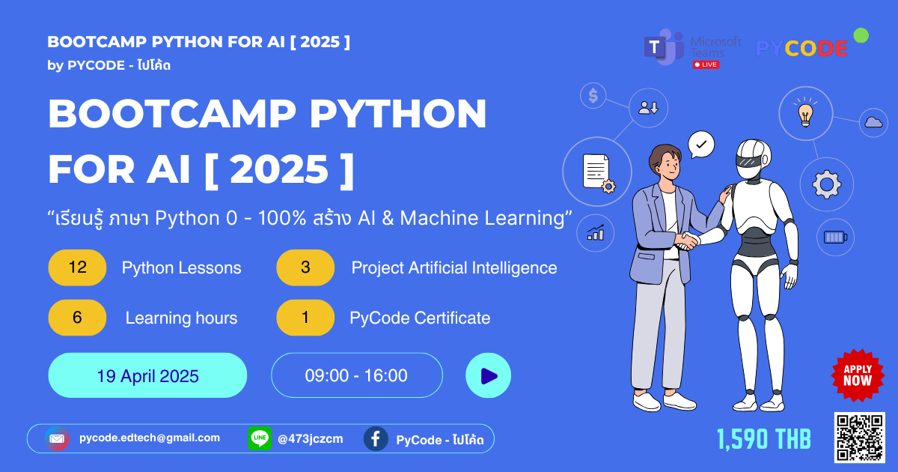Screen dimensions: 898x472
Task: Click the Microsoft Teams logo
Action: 664,47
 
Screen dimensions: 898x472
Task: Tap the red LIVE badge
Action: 706,64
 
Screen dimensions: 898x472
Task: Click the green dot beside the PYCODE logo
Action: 861,35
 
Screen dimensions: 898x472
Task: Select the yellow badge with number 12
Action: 77,267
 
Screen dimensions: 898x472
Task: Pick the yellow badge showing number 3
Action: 305,267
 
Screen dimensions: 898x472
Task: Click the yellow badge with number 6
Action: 77,318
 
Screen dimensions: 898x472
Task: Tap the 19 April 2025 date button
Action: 147,375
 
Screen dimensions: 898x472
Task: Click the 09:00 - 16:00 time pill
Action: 357,375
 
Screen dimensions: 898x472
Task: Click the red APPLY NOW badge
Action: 858,375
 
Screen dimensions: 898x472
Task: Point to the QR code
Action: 860,438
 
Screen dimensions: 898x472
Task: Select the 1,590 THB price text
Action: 764,439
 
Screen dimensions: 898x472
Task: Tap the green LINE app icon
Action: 260,439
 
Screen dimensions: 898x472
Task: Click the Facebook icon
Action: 376,439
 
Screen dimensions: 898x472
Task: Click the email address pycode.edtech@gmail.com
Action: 150,438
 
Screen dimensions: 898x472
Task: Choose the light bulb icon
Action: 806,114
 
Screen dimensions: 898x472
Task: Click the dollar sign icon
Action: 593,96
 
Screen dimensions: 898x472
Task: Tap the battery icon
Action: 835,237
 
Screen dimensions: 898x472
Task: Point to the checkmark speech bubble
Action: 701,145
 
